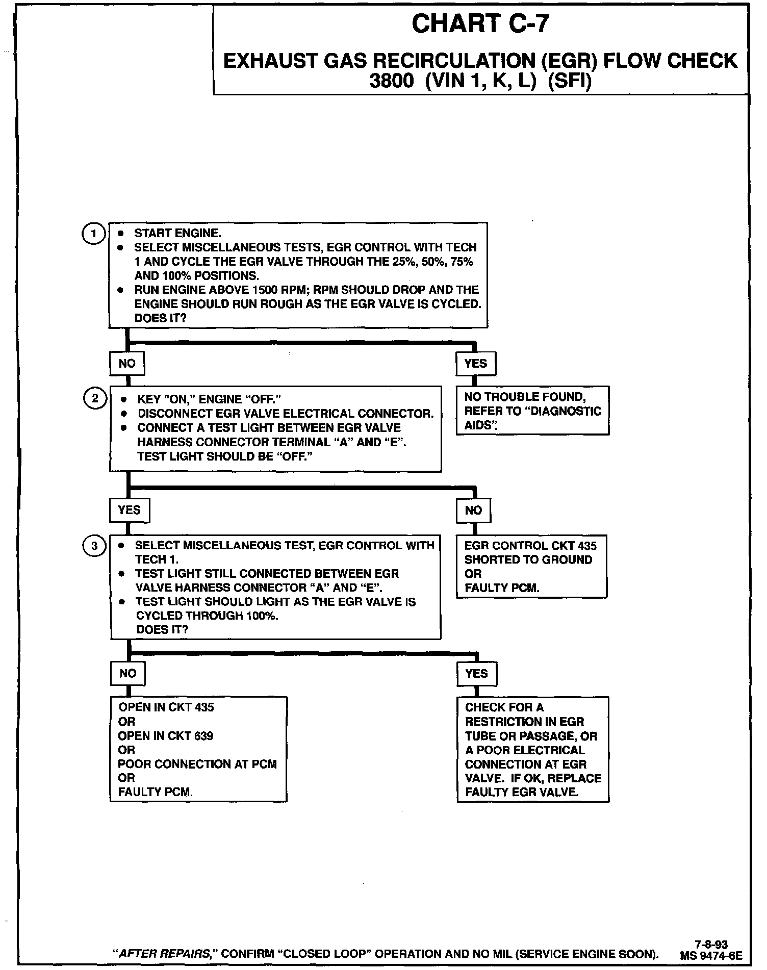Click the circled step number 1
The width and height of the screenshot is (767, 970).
point(93,234)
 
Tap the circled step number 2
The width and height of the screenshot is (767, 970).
point(95,398)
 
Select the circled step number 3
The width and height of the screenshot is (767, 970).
point(94,546)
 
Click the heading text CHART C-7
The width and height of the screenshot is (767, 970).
point(480,24)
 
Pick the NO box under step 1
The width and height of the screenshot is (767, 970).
point(127,364)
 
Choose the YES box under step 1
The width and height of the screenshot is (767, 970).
point(475,364)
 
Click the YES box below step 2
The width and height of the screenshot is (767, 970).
point(129,510)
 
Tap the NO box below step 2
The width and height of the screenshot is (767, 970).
point(473,510)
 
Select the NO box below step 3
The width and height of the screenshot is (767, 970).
point(127,674)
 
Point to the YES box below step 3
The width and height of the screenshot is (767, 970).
point(476,674)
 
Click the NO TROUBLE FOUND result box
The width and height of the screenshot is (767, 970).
point(532,411)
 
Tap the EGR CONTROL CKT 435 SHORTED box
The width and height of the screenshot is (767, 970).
point(531,566)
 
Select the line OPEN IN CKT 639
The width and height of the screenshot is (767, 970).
point(166,736)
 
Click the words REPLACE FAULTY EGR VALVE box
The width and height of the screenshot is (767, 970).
point(533,749)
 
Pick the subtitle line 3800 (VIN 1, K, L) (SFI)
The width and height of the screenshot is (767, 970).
point(480,82)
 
